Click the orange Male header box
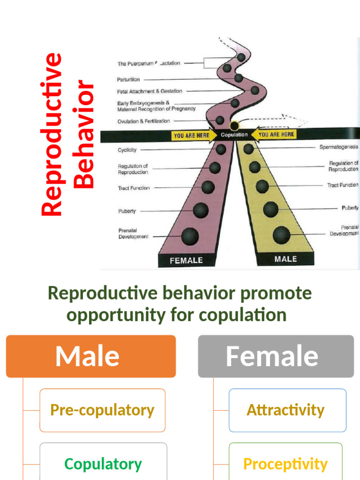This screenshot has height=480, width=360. pos(90,356)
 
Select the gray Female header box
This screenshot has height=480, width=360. pos(276,356)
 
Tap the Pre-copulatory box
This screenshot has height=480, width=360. pos(102,410)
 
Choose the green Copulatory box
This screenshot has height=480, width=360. pos(103,464)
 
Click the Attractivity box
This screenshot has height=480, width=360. pos(285,410)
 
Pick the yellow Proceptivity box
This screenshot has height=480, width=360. pos(285,464)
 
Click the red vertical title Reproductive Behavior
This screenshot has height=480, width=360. pos(68,135)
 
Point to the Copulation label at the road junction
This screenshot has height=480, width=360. pos(234,135)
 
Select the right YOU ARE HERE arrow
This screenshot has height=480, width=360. pos(276,135)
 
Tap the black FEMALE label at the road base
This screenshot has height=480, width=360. pos(186,261)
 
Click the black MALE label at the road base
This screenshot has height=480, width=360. pos(285,259)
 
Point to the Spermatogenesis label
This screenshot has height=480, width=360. pos(338,147)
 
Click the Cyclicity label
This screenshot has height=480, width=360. pos(127,150)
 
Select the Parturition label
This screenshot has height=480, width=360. pos(128,80)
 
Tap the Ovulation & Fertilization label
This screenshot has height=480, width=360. pos(143,121)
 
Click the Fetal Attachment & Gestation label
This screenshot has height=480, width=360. pos(150,91)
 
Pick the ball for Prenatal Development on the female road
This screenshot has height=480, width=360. pos(190,236)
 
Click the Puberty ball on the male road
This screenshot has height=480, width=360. pos(270,209)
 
